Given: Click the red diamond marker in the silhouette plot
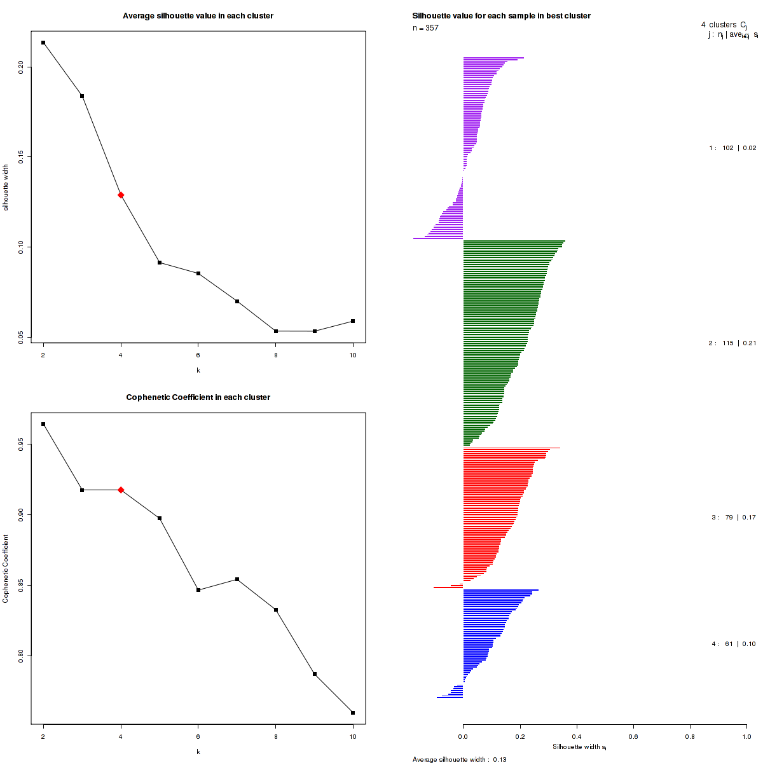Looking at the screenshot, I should (x=121, y=195).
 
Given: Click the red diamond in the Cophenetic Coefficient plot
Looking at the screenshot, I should (x=121, y=490).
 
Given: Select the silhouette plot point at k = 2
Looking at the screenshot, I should (x=43, y=43).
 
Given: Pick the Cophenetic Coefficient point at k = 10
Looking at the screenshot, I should (x=353, y=713).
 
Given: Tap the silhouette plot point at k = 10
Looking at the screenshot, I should (x=353, y=321).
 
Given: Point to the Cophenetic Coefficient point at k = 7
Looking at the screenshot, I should (x=237, y=579).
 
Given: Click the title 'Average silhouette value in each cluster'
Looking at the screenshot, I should (x=198, y=16).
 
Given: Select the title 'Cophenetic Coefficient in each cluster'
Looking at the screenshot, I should (x=198, y=397).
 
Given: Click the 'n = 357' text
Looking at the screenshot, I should (x=425, y=28).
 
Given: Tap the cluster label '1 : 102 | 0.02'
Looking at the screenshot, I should (x=732, y=148).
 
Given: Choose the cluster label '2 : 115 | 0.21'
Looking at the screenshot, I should (x=732, y=343).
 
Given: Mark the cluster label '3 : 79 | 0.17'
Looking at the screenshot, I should (x=733, y=518).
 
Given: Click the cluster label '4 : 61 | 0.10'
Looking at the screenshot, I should (x=733, y=644).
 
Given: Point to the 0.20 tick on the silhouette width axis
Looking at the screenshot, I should (x=21, y=67).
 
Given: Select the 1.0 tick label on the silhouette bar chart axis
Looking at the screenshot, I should (x=746, y=736).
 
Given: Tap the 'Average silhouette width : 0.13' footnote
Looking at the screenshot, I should (x=459, y=759).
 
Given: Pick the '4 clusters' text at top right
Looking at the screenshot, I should (x=719, y=25).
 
